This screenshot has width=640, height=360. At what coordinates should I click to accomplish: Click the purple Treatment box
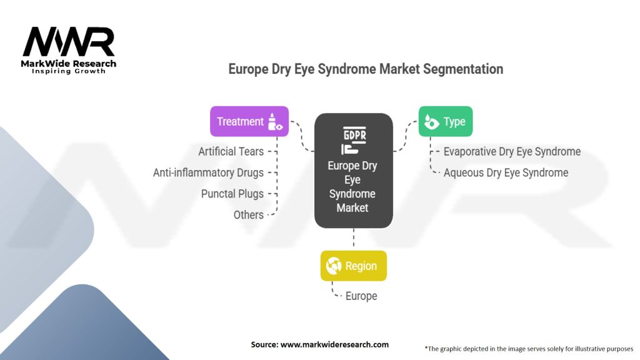pos(249,121)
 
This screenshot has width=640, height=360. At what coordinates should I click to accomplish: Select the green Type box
pos(445,121)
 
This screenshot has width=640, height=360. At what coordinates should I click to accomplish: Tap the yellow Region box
pos(354,266)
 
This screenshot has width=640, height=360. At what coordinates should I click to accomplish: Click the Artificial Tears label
pos(231,151)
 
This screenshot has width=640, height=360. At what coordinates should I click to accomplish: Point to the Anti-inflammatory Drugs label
pos(208,172)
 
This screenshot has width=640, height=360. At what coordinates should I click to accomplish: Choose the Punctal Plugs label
pos(232,194)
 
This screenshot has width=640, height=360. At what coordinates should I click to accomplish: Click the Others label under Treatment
pos(249,215)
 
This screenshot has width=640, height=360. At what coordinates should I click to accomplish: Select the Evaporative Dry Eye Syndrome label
pos(512,151)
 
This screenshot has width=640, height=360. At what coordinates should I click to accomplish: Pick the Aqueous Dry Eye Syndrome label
pos(506,172)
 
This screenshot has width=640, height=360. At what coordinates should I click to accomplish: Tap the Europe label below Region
pos(361,296)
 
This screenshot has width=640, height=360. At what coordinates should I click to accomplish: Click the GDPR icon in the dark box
pos(354,141)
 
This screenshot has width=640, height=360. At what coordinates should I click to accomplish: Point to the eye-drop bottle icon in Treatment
pos(275,122)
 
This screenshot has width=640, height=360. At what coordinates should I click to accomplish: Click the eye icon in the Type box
pos(431,122)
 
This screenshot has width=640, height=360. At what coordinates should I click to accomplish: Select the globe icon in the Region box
pos(334,266)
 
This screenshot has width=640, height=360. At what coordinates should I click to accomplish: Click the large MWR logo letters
pos(69,42)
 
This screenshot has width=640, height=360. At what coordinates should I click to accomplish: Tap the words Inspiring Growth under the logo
pos(69,71)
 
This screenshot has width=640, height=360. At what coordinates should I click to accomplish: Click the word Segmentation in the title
pos(463,69)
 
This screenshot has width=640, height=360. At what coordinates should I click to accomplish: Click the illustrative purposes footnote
pos(529,349)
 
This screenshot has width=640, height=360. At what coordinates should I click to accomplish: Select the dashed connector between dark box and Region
pos(354,237)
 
